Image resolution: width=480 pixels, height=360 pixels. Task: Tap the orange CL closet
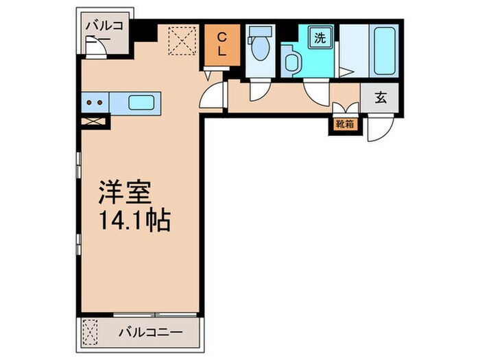[x=223, y=45]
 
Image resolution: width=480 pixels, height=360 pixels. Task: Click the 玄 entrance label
[x=381, y=98]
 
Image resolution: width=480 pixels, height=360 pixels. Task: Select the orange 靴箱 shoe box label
[x=344, y=124]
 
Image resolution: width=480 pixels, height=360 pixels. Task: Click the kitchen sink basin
[x=142, y=103]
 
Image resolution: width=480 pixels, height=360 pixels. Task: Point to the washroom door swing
[x=317, y=93]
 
